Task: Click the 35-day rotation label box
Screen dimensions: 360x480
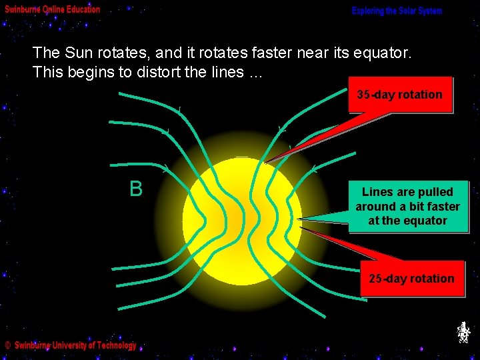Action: (400, 95)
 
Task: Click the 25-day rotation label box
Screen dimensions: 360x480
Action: (411, 279)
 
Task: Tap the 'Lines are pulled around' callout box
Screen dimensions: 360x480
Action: (407, 206)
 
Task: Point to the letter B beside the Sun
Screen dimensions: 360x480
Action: (136, 189)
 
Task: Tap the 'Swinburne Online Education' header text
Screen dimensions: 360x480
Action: (53, 9)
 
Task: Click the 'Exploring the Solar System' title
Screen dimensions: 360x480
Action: (397, 11)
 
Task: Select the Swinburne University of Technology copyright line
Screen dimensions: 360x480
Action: (71, 345)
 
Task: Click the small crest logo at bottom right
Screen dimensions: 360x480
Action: (463, 332)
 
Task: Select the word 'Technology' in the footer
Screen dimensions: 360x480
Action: (114, 345)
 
